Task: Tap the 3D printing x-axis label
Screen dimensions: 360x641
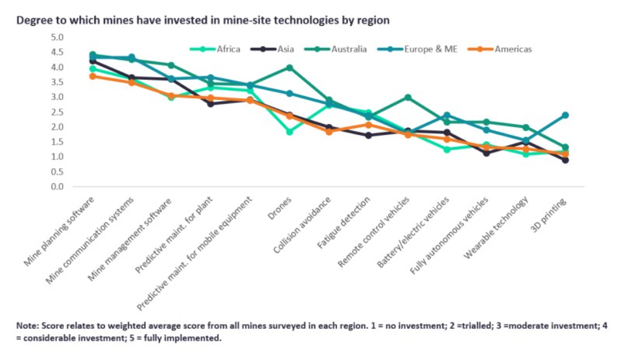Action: tap(551, 214)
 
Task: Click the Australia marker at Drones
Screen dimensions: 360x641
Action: tap(289, 68)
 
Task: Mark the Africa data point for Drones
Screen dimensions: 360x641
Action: tap(289, 132)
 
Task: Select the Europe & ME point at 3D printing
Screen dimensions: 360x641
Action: tap(565, 115)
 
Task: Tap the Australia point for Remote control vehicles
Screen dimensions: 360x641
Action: tap(408, 97)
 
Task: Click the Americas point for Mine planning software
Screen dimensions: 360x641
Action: tap(92, 76)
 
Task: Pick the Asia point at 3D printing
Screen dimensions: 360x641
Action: tap(565, 160)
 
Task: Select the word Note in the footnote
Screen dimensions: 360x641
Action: tap(27, 325)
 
